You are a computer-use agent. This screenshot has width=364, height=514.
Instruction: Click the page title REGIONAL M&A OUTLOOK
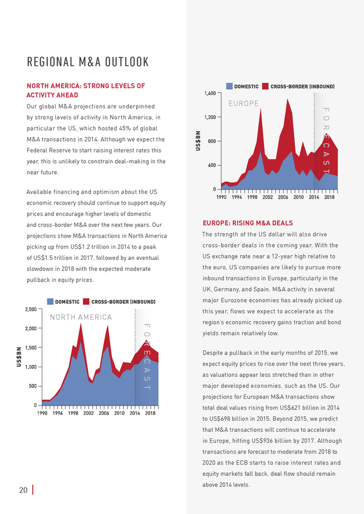(88, 62)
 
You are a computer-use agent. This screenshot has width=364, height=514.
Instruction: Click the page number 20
(23, 490)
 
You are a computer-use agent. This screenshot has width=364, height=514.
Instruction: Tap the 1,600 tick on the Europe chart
(210, 94)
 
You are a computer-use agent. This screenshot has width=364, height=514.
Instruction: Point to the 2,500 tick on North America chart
(31, 309)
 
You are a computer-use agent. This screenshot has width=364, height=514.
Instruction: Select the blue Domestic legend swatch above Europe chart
(230, 86)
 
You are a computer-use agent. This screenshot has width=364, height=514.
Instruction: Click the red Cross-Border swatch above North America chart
(86, 301)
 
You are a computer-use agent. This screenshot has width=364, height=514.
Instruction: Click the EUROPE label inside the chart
(243, 103)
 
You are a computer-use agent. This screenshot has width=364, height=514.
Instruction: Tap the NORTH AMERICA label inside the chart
(81, 318)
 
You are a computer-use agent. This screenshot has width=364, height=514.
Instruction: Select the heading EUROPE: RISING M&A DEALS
(247, 223)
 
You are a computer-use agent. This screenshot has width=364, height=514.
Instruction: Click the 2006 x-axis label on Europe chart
(283, 198)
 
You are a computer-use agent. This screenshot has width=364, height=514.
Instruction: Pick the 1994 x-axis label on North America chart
(58, 413)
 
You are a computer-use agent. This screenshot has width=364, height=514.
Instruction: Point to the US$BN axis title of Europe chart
(198, 141)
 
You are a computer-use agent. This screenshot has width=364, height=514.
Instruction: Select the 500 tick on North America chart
(33, 386)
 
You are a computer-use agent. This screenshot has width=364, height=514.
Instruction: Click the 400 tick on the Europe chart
(212, 165)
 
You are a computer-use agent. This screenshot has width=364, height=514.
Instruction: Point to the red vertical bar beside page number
(33, 490)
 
